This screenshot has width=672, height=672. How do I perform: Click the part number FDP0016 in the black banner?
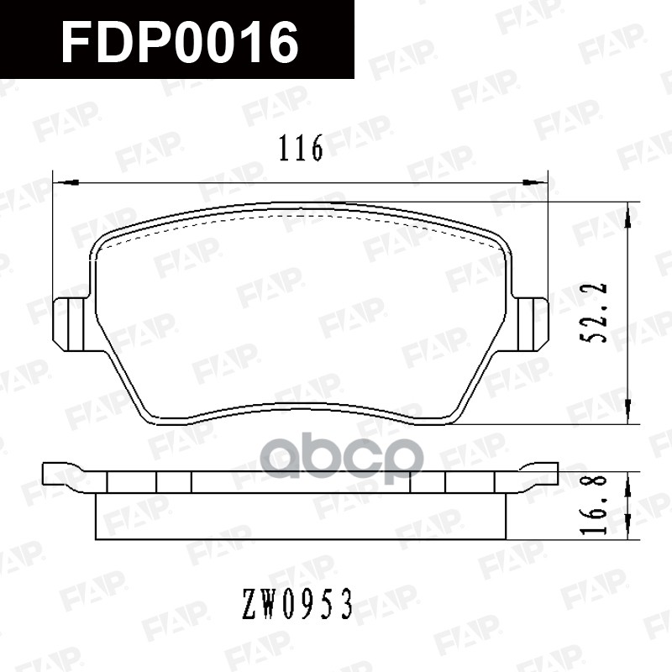[180, 41]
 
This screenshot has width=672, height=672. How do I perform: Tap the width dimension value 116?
[301, 150]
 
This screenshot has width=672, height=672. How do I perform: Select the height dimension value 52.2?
[597, 312]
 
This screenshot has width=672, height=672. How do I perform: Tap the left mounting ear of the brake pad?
[69, 324]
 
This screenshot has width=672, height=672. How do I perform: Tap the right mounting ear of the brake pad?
[532, 324]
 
